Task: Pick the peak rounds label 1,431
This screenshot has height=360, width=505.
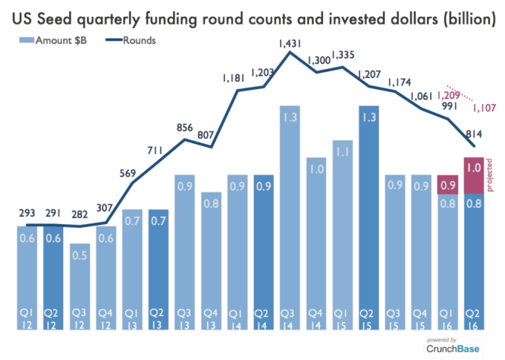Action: pyautogui.click(x=291, y=44)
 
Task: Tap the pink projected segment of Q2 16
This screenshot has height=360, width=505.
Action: pyautogui.click(x=474, y=175)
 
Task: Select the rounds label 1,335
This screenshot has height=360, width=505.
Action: pyautogui.click(x=343, y=56)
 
